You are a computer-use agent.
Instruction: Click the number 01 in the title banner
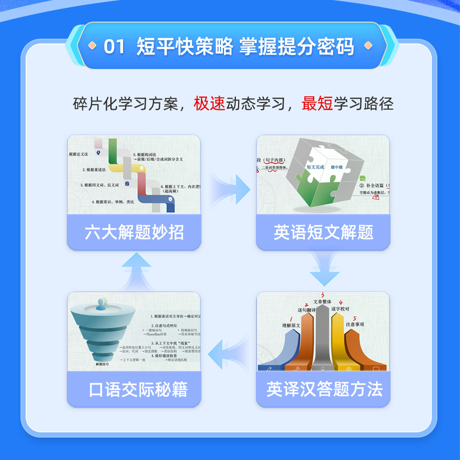114,47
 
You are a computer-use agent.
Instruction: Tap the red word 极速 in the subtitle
209,103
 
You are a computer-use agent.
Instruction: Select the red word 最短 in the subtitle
317,103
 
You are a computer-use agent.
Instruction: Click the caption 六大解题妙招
134,232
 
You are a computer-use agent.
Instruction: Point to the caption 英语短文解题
323,232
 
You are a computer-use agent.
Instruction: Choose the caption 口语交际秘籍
138,390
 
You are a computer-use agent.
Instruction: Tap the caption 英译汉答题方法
324,389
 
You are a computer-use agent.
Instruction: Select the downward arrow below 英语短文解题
324,270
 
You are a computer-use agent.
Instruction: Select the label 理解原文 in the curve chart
291,326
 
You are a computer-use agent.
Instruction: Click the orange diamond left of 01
92,46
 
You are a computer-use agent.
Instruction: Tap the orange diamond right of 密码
368,46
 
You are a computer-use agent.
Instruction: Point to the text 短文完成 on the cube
315,167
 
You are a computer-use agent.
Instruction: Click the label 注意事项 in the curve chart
355,324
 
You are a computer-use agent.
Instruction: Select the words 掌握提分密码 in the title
296,47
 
